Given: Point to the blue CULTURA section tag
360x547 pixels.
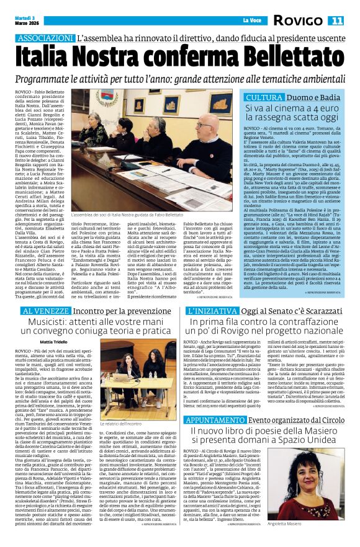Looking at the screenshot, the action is coord(264,97).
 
